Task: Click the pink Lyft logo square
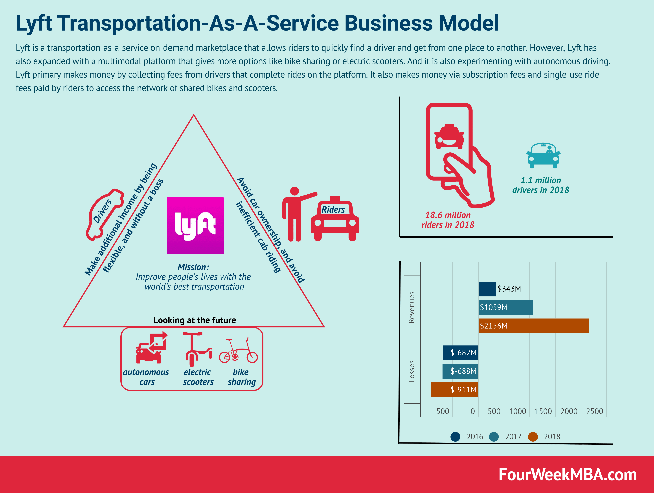point(195,226)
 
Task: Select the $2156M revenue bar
point(533,326)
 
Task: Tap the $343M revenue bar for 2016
point(487,289)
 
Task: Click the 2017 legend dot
point(494,436)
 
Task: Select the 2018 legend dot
point(533,436)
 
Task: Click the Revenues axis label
point(412,307)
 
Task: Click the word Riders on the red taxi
point(333,210)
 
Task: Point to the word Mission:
point(193,267)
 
